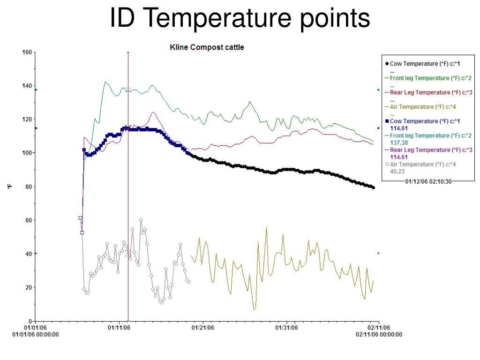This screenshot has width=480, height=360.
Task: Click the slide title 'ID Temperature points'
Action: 240,19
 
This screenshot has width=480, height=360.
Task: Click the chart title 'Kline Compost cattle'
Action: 207,47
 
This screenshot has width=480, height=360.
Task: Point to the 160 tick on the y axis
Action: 27,52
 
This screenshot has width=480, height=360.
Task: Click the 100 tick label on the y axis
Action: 27,153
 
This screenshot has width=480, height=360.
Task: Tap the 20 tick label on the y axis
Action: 28,287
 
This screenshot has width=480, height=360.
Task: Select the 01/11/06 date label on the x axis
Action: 119,328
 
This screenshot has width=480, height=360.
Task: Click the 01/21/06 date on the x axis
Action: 202,328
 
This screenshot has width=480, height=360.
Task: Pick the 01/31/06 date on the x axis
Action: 286,328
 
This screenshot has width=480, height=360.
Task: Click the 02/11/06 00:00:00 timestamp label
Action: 379,334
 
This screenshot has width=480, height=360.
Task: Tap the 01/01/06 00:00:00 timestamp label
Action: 36,334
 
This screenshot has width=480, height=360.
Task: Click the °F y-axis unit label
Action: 9,187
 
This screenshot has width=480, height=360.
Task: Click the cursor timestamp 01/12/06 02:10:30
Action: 428,181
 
